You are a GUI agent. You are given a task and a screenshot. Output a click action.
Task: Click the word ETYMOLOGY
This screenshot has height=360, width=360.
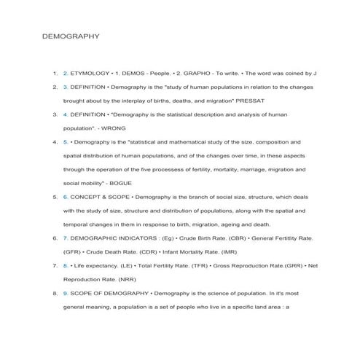tap(90, 74)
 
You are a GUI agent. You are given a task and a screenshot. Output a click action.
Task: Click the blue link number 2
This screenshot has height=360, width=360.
tap(66, 74)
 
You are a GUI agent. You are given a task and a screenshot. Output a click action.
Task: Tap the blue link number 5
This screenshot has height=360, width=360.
tap(66, 141)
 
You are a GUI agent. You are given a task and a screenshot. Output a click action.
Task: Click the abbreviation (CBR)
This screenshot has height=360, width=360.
tap(238, 238)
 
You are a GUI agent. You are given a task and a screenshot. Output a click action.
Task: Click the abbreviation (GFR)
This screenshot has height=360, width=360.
tap(74, 251)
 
